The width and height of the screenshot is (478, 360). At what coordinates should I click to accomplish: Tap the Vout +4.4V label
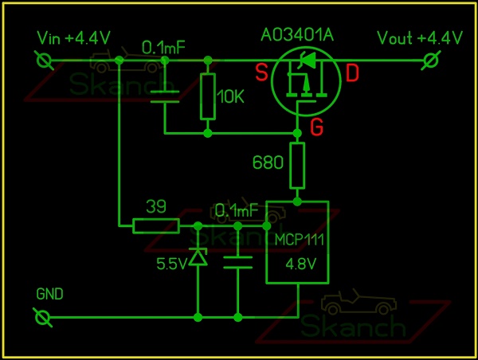[420, 37]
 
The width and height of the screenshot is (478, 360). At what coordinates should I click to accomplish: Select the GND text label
[50, 293]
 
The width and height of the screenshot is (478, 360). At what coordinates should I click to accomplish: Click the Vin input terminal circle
[45, 60]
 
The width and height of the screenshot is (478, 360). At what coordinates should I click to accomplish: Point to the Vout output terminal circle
[431, 60]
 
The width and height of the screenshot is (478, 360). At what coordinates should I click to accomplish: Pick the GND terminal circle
[45, 318]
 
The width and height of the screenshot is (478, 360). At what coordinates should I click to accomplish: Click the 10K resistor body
[209, 96]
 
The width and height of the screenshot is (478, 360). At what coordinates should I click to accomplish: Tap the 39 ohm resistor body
[156, 226]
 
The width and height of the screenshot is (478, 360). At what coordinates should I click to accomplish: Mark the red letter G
[316, 126]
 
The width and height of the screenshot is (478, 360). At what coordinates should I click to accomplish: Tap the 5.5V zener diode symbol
[197, 257]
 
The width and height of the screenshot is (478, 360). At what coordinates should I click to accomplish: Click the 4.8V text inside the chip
[296, 263]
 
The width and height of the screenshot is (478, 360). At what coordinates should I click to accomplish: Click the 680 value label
[267, 163]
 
